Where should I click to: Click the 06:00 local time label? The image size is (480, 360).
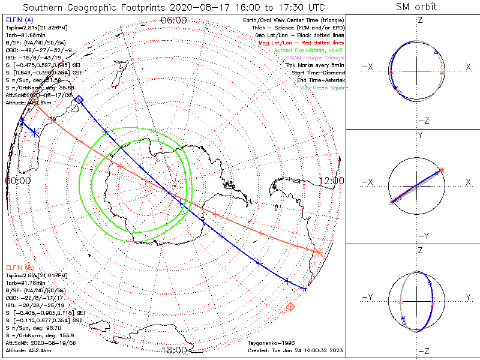coord(174,20)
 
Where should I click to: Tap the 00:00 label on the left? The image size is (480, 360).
coord(17,180)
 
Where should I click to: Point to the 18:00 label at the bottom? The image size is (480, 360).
coord(174,350)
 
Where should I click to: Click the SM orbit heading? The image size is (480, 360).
coord(416,7)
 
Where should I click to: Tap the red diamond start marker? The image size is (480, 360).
coord(291,307)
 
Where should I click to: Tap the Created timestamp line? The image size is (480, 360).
coord(294,350)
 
